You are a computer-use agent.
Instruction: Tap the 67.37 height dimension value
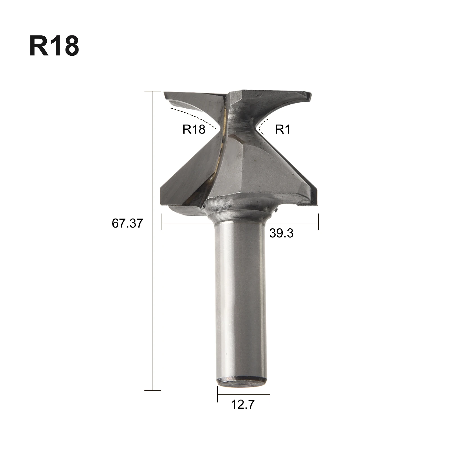[127, 223]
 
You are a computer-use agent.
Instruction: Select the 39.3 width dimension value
[281, 233]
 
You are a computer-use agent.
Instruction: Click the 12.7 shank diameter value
[242, 404]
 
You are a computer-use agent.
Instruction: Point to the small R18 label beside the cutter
[194, 129]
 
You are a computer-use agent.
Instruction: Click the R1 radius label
[282, 129]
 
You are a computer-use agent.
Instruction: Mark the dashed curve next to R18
[194, 116]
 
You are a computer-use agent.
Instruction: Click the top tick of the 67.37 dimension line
[152, 91]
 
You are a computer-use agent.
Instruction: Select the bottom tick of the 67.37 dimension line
[152, 390]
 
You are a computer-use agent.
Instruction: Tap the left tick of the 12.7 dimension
[217, 394]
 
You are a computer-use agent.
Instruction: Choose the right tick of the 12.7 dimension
[268, 394]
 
